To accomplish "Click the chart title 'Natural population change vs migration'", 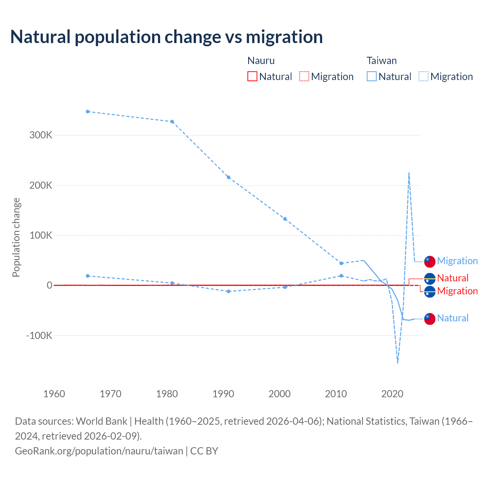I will [167, 37].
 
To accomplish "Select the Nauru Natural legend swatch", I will [252, 76].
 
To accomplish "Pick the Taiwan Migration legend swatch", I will [423, 76].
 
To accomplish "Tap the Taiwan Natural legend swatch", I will [371, 76].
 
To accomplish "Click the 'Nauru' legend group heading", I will [261, 61].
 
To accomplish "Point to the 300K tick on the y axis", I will [41, 135].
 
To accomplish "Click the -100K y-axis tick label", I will [39, 336].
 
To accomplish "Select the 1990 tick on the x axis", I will [223, 394].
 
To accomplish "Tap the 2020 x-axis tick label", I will [392, 394].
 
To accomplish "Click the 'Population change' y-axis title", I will [16, 238].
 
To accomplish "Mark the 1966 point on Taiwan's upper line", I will [88, 112].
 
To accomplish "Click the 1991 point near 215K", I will [228, 177].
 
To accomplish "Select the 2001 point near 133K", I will [285, 219].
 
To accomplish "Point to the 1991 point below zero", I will [228, 291].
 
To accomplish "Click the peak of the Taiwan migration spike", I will [409, 173].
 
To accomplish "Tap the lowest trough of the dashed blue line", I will [398, 363].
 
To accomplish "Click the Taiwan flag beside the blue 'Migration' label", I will [430, 262].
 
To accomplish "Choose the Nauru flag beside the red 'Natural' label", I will [430, 279].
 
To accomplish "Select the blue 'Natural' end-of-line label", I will [453, 318].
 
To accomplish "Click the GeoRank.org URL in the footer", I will [99, 451].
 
